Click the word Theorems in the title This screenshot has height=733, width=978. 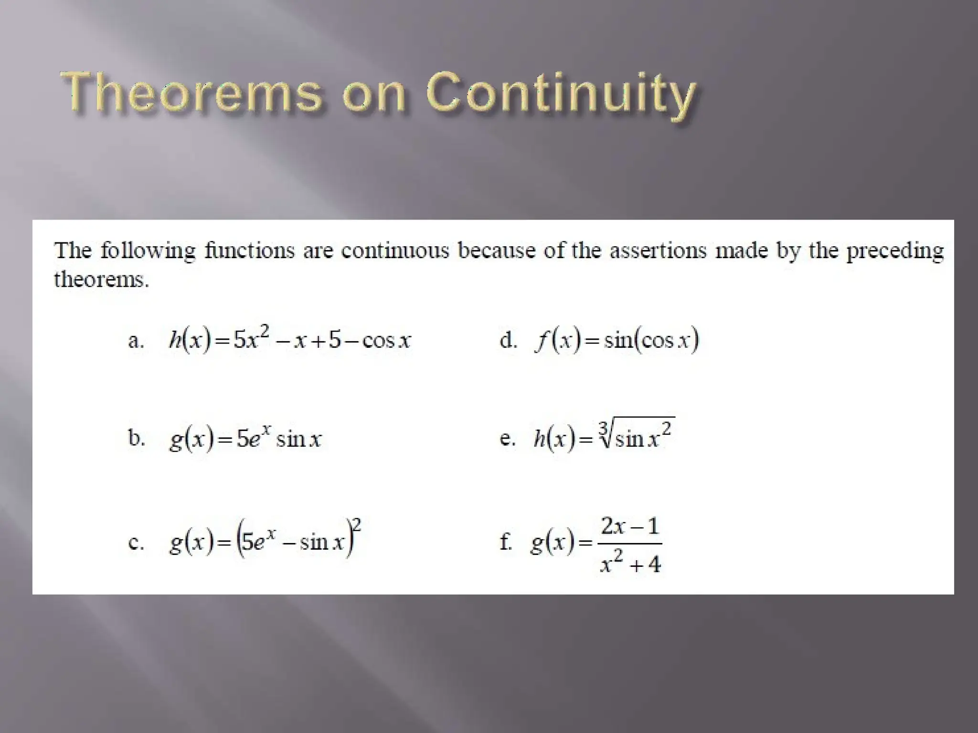191,93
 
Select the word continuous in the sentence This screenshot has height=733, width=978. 395,251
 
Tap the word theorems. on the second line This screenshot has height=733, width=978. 101,279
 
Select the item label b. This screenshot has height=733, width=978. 136,438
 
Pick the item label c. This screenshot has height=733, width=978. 136,543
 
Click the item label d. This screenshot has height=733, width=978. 508,341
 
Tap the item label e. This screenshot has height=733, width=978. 507,439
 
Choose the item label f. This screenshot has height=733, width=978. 506,543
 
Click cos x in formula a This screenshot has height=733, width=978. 386,341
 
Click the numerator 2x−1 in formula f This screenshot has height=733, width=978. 630,526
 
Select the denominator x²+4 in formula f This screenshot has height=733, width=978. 630,563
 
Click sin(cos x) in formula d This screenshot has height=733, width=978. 651,340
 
